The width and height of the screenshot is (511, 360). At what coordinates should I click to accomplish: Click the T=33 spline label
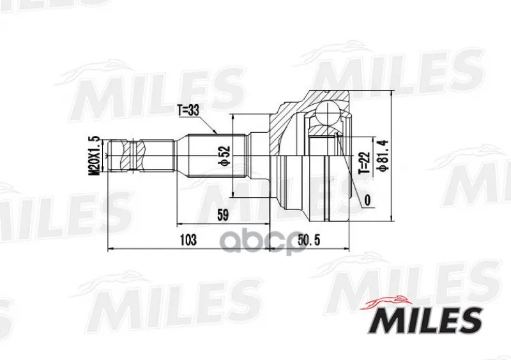pyautogui.click(x=188, y=111)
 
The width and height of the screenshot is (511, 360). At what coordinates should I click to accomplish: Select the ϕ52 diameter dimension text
pyautogui.click(x=225, y=155)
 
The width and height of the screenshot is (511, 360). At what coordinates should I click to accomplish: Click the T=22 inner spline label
pyautogui.click(x=364, y=163)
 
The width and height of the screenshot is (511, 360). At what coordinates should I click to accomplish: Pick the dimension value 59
pyautogui.click(x=222, y=215)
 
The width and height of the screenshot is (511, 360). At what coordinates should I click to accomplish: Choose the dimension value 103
pyautogui.click(x=188, y=240)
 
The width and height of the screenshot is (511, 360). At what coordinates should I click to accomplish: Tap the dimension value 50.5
pyautogui.click(x=309, y=240)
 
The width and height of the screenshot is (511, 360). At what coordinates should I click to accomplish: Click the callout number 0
pyautogui.click(x=367, y=200)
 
